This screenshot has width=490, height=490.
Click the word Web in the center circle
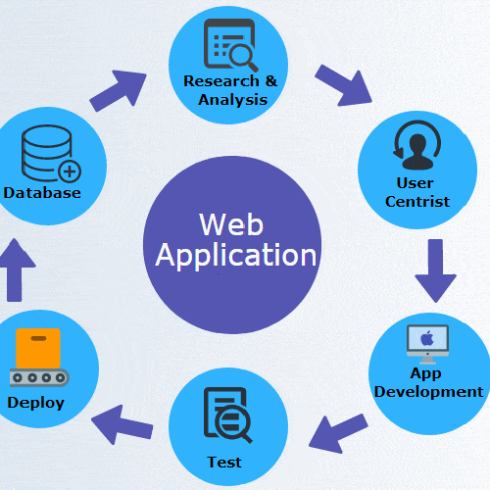tap(230, 223)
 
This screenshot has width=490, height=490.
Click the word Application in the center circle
tap(236, 255)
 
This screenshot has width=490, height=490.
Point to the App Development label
tap(426, 383)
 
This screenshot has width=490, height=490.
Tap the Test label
tap(224, 462)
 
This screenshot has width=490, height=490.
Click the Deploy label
tap(35, 402)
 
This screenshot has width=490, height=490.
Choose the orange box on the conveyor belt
tap(37, 348)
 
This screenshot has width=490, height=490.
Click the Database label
tap(41, 192)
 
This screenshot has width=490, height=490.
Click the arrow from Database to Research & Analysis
tap(118, 90)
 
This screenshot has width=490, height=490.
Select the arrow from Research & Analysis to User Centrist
tap(343, 85)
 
